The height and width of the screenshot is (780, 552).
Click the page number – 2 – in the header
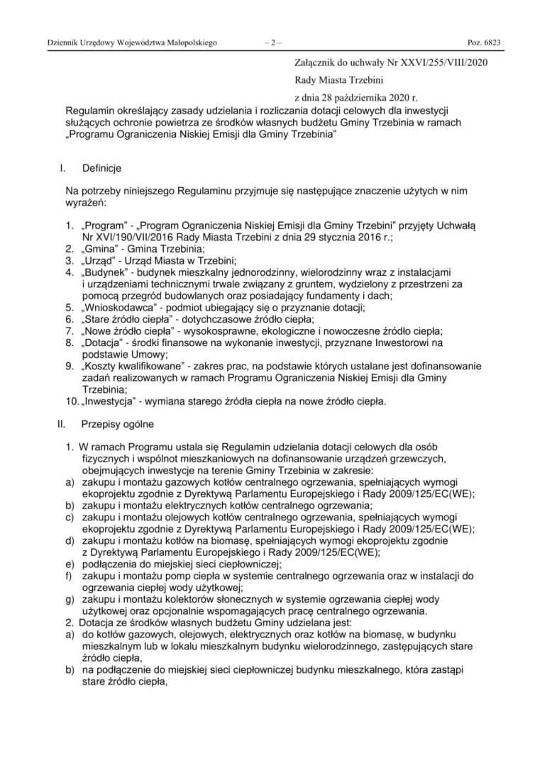272,43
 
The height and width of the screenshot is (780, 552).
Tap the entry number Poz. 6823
484,43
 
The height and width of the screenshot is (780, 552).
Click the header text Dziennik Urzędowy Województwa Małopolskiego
132,43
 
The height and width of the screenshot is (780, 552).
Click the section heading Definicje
101,168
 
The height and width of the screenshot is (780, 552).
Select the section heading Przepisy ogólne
116,425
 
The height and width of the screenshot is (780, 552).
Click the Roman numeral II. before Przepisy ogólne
61,425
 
